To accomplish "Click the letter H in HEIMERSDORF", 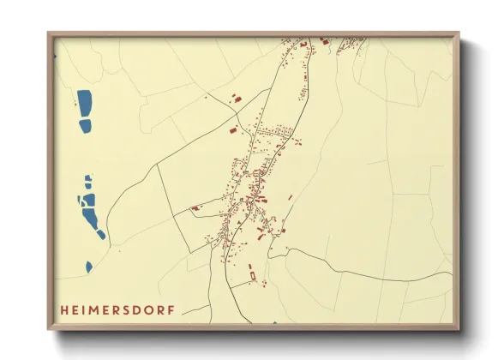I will click(64, 308).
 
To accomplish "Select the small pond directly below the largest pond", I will click(85, 126).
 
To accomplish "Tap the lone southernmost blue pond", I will click(89, 266).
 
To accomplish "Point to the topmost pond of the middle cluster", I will click(87, 178).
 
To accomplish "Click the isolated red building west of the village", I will click(195, 207).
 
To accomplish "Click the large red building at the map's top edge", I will click(324, 40).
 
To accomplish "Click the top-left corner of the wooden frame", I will click(48, 33).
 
